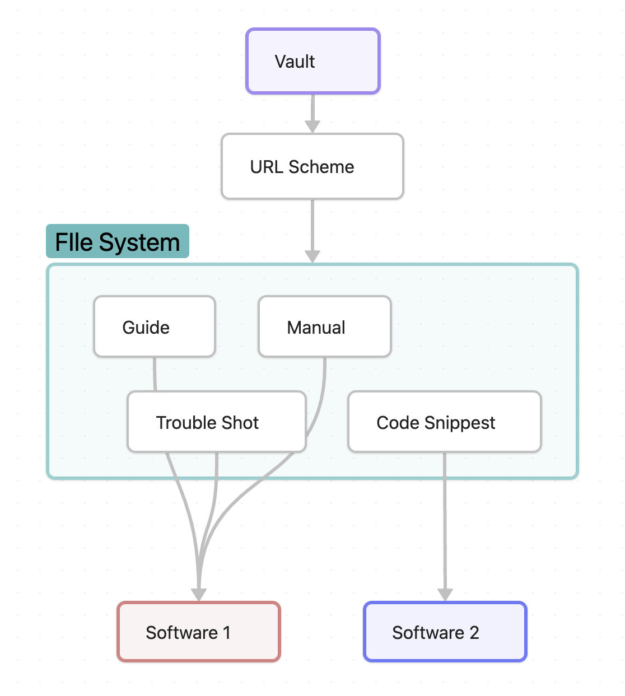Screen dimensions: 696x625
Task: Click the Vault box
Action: tap(313, 61)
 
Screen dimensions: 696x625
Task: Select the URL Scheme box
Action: tap(312, 166)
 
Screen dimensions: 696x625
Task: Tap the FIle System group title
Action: tap(118, 242)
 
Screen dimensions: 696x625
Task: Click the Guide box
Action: tap(155, 327)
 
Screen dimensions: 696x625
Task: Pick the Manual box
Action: tap(324, 327)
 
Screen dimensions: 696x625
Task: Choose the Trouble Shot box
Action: tap(216, 422)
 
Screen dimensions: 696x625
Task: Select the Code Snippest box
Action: tap(444, 422)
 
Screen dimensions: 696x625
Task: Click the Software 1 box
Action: tap(199, 632)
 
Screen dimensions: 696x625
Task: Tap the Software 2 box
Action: tap(445, 632)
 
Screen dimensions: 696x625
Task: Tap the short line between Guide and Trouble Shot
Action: tap(155, 374)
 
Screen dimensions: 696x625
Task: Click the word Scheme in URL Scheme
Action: tap(321, 167)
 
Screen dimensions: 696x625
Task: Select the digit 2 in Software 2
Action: tap(474, 633)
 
